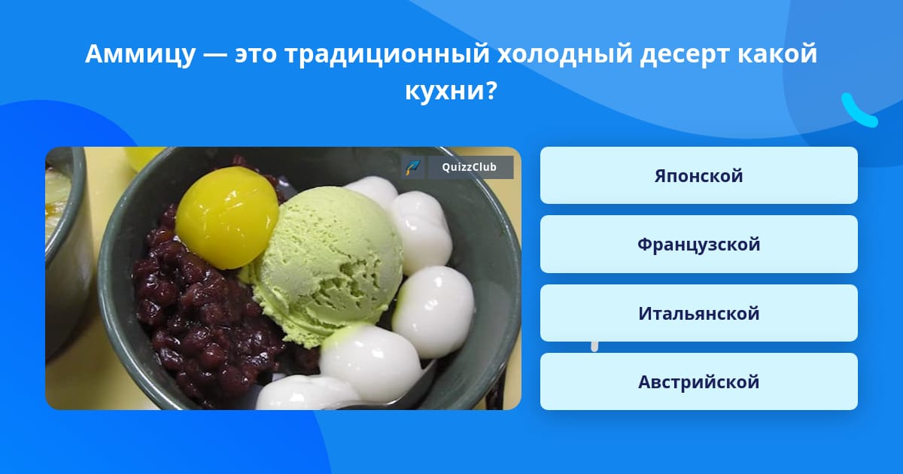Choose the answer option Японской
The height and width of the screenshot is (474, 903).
[698, 175]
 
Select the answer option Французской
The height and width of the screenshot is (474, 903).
[698, 245]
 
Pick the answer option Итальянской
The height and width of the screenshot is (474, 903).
[698, 313]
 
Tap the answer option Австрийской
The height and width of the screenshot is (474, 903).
[698, 381]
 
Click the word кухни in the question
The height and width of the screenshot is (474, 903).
[445, 91]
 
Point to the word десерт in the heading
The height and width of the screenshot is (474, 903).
[685, 54]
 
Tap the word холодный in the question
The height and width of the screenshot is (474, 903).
[565, 54]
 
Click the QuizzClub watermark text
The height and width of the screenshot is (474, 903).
[469, 167]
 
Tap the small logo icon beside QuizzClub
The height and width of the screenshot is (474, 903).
[413, 167]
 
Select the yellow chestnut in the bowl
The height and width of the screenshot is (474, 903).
[227, 217]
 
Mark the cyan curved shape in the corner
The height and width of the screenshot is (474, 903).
[858, 111]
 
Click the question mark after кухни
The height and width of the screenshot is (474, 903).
[491, 90]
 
